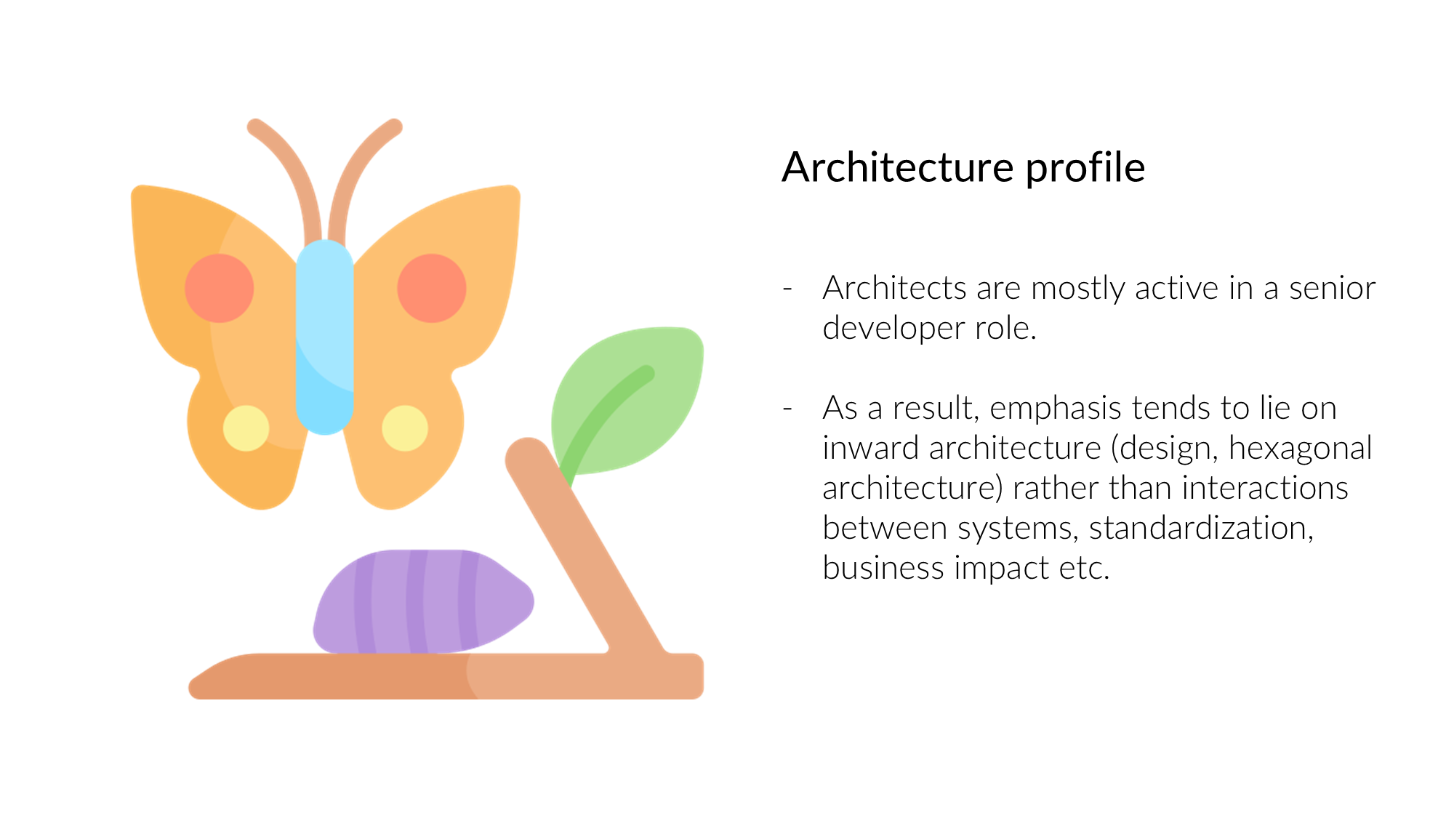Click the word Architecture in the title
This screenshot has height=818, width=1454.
click(x=898, y=167)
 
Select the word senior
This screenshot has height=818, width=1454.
click(x=1332, y=289)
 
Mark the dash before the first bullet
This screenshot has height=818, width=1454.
click(x=787, y=289)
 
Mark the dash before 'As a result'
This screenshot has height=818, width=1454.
click(x=787, y=409)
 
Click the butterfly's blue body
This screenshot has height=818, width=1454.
click(x=325, y=337)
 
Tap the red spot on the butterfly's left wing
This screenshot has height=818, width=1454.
click(x=219, y=288)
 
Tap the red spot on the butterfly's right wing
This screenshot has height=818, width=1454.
click(x=431, y=288)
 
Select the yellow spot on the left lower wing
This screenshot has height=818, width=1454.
click(x=246, y=428)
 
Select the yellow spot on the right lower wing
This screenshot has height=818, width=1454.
click(x=405, y=428)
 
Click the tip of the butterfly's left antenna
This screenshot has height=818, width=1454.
click(x=254, y=127)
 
